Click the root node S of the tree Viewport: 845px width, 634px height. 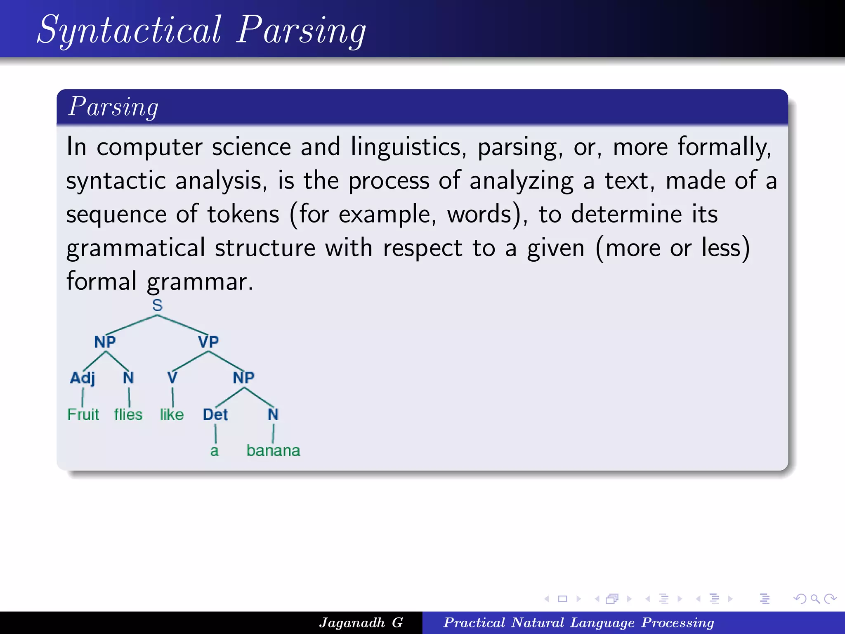coord(157,305)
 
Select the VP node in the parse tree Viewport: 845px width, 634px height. coord(208,342)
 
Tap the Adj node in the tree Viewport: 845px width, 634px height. coord(82,378)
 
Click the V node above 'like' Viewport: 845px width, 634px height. coord(172,378)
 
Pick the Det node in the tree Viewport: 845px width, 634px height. coord(215,414)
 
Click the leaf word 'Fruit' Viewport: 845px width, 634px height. coord(83,414)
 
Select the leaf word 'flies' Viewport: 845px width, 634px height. coord(128,414)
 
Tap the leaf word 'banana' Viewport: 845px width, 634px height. coord(273,450)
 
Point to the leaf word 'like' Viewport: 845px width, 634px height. coord(172,414)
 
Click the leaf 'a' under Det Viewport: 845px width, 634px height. coord(214,451)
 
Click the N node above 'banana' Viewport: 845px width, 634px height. coord(273,414)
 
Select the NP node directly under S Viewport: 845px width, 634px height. coord(105,342)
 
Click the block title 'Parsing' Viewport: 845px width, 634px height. coord(113,107)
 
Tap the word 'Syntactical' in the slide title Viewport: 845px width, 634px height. coord(129,30)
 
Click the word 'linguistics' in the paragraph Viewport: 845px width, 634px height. coord(408,147)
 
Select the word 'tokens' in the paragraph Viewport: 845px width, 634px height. coord(243,214)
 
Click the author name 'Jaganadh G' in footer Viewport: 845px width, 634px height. coord(361,622)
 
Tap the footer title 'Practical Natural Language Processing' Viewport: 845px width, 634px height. coord(578,622)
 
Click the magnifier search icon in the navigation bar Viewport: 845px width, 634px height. coord(815,599)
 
